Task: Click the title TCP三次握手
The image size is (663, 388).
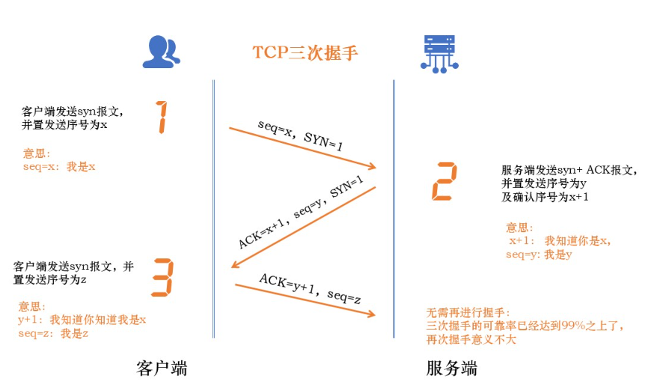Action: click(x=305, y=52)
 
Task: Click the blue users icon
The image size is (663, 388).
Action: click(x=162, y=51)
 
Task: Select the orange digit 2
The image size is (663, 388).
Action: click(x=444, y=181)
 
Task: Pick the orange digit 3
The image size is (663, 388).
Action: click(x=162, y=276)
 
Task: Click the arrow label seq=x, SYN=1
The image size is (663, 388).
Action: click(x=300, y=135)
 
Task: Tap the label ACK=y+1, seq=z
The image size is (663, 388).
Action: click(x=311, y=289)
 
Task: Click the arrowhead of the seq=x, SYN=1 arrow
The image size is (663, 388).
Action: click(x=372, y=166)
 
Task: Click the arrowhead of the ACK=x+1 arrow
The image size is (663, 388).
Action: click(x=236, y=264)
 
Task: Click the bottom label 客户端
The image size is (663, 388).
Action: click(x=162, y=369)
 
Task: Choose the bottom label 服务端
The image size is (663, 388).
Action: click(x=452, y=369)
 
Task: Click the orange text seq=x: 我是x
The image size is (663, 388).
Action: click(x=59, y=167)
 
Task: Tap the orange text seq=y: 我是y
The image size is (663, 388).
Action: click(x=539, y=255)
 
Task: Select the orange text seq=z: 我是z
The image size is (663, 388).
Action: click(x=54, y=333)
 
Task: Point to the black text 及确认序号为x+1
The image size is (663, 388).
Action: click(x=545, y=197)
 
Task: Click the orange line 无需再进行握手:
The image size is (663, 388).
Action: click(x=467, y=312)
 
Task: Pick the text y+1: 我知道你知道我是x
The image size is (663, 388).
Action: click(x=82, y=320)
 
